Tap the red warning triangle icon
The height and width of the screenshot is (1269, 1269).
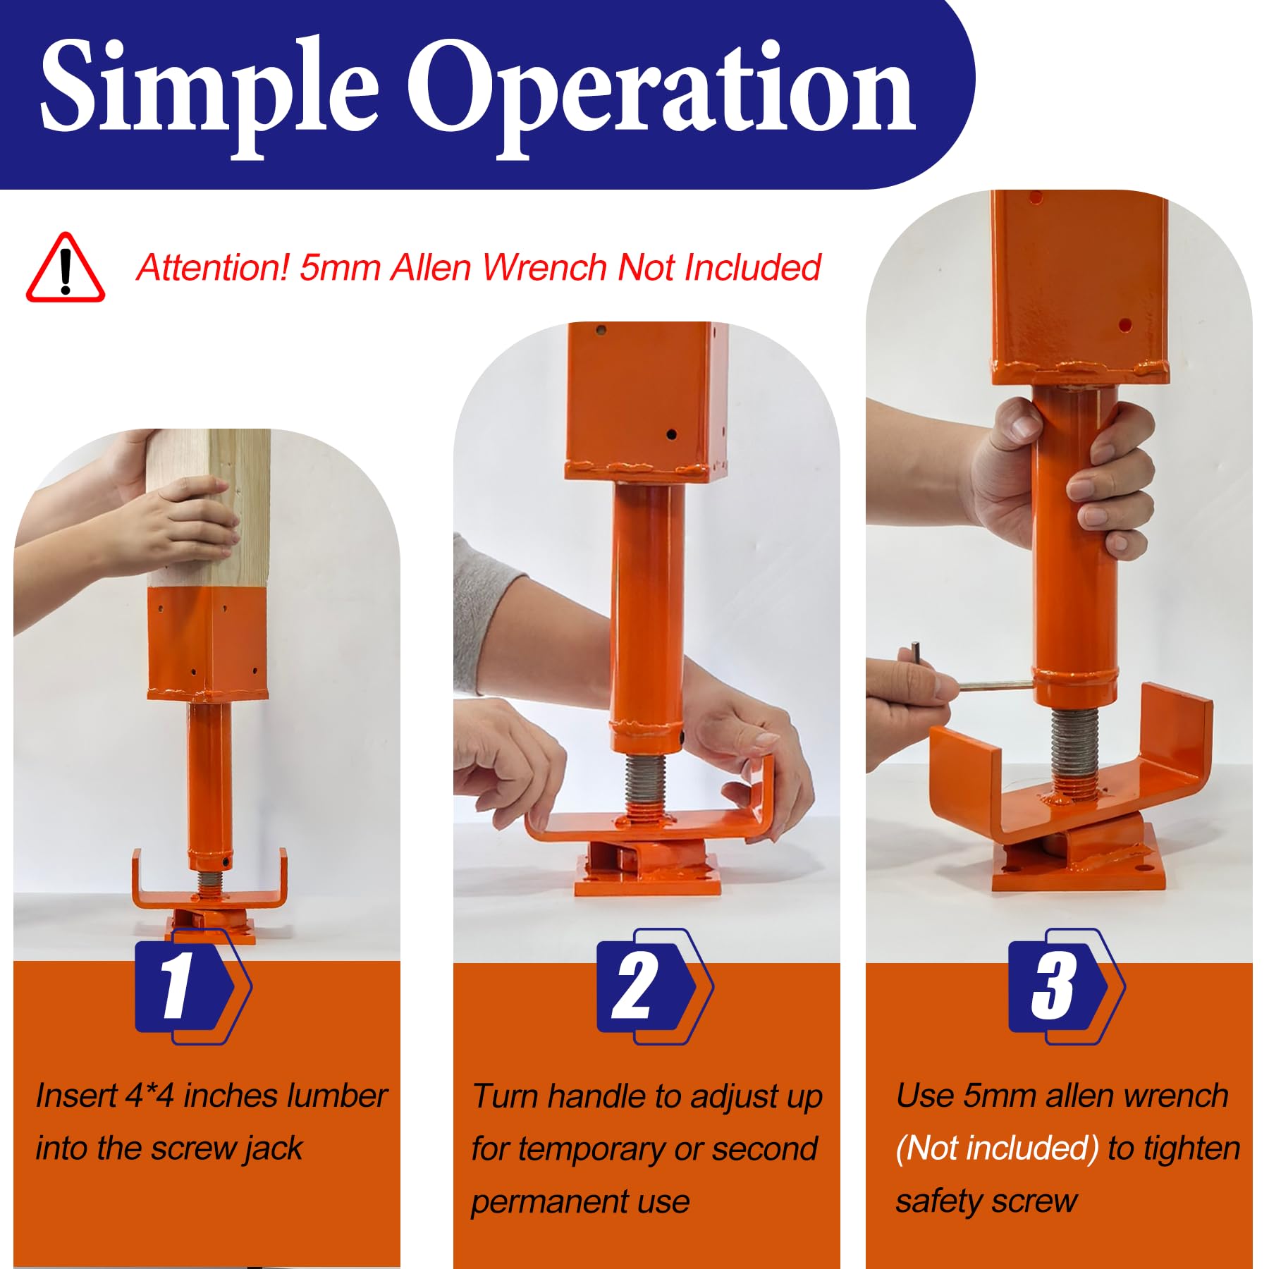click(66, 268)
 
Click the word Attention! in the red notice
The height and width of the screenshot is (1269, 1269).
click(213, 268)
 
